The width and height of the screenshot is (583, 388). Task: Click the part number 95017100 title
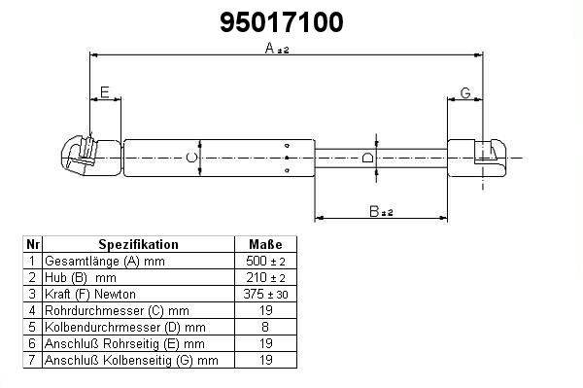pyautogui.click(x=281, y=22)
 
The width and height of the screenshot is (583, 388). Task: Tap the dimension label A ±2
pyautogui.click(x=277, y=48)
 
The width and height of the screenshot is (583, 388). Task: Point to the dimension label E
pyautogui.click(x=105, y=91)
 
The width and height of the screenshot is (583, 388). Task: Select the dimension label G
pyautogui.click(x=465, y=92)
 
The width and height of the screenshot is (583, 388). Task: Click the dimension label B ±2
pyautogui.click(x=381, y=212)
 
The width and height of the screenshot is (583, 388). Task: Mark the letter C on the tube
pyautogui.click(x=191, y=158)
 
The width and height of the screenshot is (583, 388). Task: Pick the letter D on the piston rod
pyautogui.click(x=367, y=158)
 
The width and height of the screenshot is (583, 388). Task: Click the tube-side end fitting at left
pyautogui.click(x=91, y=157)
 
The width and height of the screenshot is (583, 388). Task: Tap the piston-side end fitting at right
pyautogui.click(x=476, y=158)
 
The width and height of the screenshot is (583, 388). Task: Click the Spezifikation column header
pyautogui.click(x=138, y=244)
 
